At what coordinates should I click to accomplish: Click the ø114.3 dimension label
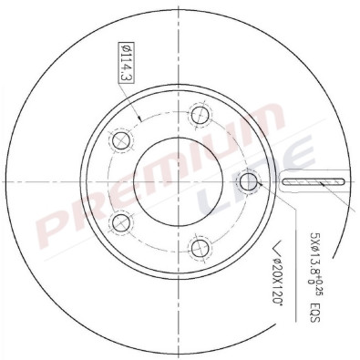(x=126, y=66)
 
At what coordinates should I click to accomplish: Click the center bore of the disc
(x=174, y=181)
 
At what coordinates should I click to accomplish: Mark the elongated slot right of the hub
(x=315, y=183)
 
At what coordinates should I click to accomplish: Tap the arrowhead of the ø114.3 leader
(x=139, y=120)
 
